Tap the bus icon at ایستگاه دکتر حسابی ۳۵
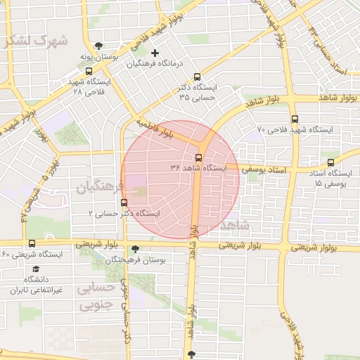(196, 77)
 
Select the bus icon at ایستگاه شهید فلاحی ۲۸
(88, 71)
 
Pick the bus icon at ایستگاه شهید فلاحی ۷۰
(294, 119)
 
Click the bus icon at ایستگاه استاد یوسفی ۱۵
(330, 162)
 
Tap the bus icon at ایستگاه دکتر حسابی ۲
(124, 203)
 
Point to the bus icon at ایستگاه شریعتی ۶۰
(32, 243)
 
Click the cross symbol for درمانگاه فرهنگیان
(155, 53)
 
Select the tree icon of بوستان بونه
(98, 46)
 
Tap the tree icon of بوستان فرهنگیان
(135, 249)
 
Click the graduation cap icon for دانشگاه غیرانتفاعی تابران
(35, 269)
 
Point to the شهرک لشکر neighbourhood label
(35, 40)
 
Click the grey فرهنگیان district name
(100, 187)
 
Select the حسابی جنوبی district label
(98, 297)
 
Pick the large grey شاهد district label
(234, 225)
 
